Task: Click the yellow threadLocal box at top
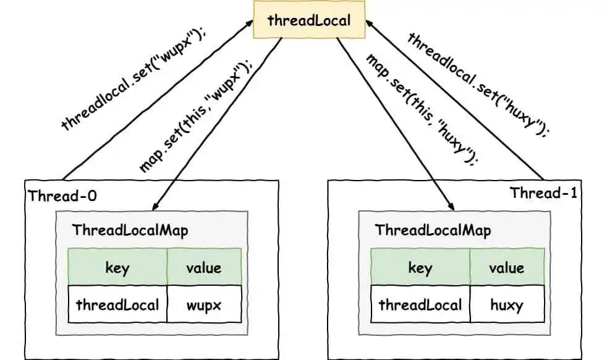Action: click(308, 20)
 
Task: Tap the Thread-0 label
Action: click(62, 196)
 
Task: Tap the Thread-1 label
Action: click(543, 193)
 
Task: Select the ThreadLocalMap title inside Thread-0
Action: click(130, 230)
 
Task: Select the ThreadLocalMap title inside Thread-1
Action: click(433, 230)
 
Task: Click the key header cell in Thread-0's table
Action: click(117, 267)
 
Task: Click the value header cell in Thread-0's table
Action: click(204, 267)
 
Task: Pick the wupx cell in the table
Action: click(204, 304)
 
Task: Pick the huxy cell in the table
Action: click(507, 304)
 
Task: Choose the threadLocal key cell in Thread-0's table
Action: click(117, 304)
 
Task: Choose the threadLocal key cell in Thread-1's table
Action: click(420, 304)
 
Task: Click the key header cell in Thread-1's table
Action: click(420, 267)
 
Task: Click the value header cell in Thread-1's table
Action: click(507, 267)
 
